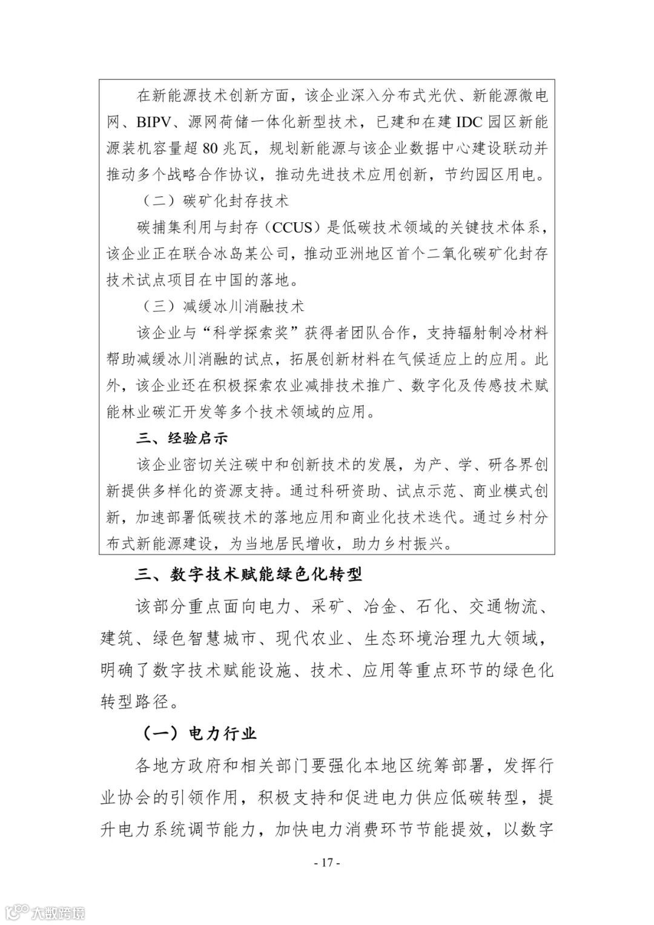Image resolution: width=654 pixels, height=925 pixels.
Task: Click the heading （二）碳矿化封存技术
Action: coord(216,201)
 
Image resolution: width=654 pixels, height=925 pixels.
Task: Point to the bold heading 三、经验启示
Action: coord(183,437)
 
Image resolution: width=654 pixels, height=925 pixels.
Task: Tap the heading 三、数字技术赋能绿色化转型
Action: coord(249,574)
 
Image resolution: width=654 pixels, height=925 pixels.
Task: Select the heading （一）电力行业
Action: coord(200,734)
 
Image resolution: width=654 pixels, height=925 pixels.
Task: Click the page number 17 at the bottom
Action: coord(328,862)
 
